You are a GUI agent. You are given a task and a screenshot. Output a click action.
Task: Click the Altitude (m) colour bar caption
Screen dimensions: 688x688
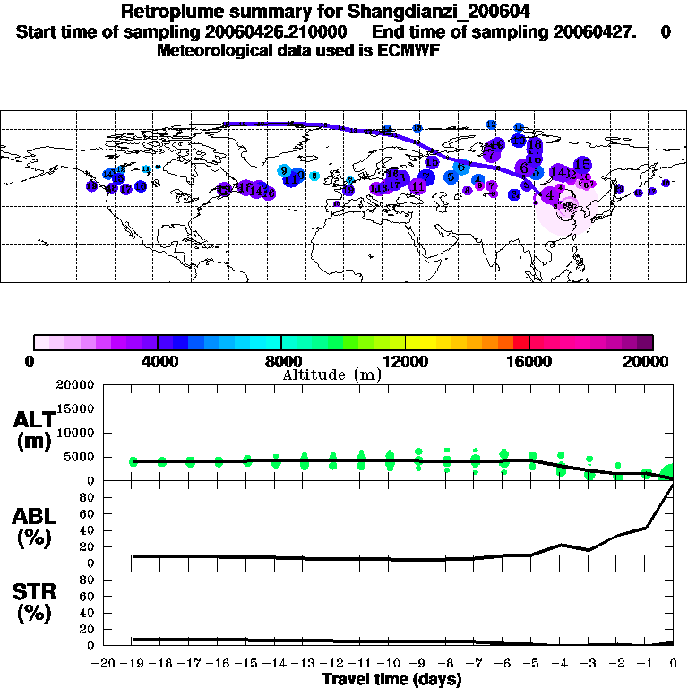(x=332, y=374)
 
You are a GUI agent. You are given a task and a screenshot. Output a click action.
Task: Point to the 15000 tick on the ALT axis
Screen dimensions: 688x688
(x=76, y=408)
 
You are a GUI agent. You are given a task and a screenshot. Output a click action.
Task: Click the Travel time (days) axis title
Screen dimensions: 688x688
(x=391, y=679)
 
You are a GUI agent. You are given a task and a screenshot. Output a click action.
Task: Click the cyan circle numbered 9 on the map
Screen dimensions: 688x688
(x=283, y=170)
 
